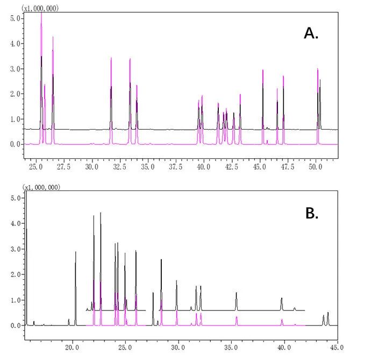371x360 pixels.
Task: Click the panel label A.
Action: coord(311,33)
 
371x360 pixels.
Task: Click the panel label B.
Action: coord(312,213)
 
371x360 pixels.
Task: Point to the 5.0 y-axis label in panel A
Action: coord(16,18)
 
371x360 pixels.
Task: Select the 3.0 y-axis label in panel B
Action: coord(16,249)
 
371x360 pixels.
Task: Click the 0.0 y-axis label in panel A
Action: coord(16,144)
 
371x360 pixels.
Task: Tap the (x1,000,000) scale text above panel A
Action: coord(40,8)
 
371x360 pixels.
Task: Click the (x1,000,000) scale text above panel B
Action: coord(40,187)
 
